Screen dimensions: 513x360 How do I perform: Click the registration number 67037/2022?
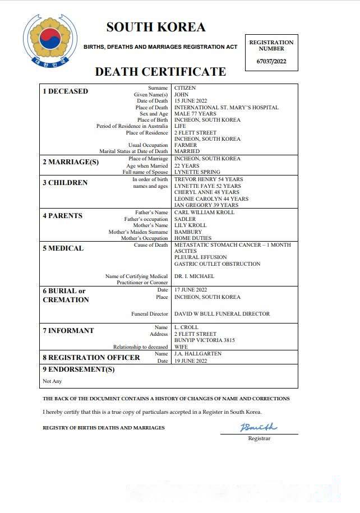pos(271,61)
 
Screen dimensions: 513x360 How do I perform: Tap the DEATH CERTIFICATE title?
pos(160,72)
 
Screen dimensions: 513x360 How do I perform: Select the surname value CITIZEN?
pos(185,88)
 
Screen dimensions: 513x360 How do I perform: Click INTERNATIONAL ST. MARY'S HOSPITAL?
pos(226,108)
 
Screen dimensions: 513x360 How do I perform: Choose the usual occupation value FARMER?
pos(186,145)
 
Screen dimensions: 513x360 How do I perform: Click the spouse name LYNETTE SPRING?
pos(197,172)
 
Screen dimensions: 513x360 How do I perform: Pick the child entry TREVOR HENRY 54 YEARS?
pos(209,179)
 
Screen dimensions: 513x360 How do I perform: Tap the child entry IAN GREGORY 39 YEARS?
pos(207,205)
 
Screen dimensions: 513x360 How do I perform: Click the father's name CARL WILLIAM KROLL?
pos(204,212)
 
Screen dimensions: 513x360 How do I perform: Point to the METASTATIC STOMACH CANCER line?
pos(233,245)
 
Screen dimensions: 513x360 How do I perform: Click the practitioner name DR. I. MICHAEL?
pos(194,276)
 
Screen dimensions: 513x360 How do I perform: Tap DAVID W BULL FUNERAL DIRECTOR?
pos(222,314)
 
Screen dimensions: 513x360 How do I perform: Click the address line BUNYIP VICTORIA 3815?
pos(205,340)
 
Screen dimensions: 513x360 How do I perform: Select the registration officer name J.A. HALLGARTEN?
pos(199,354)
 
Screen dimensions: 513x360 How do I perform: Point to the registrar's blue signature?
pos(259,428)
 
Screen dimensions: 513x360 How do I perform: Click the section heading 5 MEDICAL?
pos(63,248)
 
